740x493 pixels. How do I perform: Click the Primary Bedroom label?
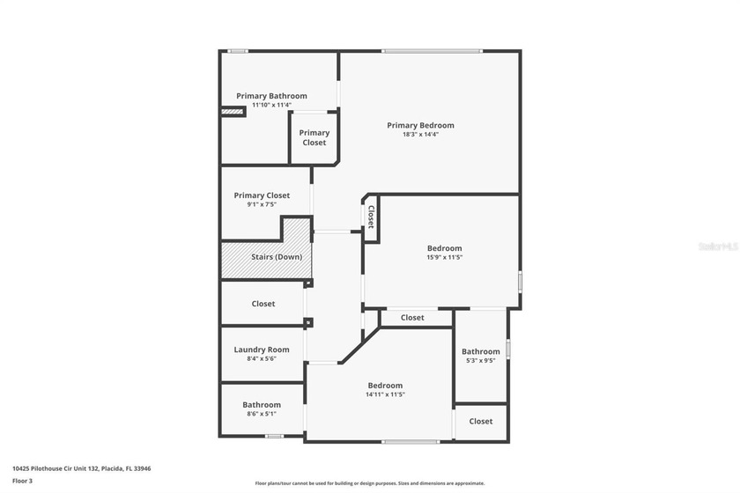[420, 125]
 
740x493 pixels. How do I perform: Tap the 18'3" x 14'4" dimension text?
[420, 135]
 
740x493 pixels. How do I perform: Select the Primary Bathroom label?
[271, 96]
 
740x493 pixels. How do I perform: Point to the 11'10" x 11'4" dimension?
[271, 105]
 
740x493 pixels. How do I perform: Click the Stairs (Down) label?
[277, 257]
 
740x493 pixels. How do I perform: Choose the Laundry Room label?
[262, 350]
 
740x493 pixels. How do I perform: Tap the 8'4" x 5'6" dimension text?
[262, 359]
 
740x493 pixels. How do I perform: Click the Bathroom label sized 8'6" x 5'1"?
[262, 405]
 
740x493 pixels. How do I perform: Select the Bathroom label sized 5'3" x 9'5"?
[480, 351]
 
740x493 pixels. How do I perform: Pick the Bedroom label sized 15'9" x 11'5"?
[444, 248]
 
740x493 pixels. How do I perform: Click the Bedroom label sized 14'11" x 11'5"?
[385, 386]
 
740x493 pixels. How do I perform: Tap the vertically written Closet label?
[371, 217]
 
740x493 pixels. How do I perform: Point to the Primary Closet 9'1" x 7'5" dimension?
[262, 204]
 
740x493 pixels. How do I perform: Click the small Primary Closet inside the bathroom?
[314, 137]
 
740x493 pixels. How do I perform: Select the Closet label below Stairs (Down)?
[263, 304]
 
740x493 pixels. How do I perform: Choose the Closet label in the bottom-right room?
[480, 422]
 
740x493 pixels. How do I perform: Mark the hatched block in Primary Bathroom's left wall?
[233, 112]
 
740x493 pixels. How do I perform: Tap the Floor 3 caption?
[22, 481]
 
